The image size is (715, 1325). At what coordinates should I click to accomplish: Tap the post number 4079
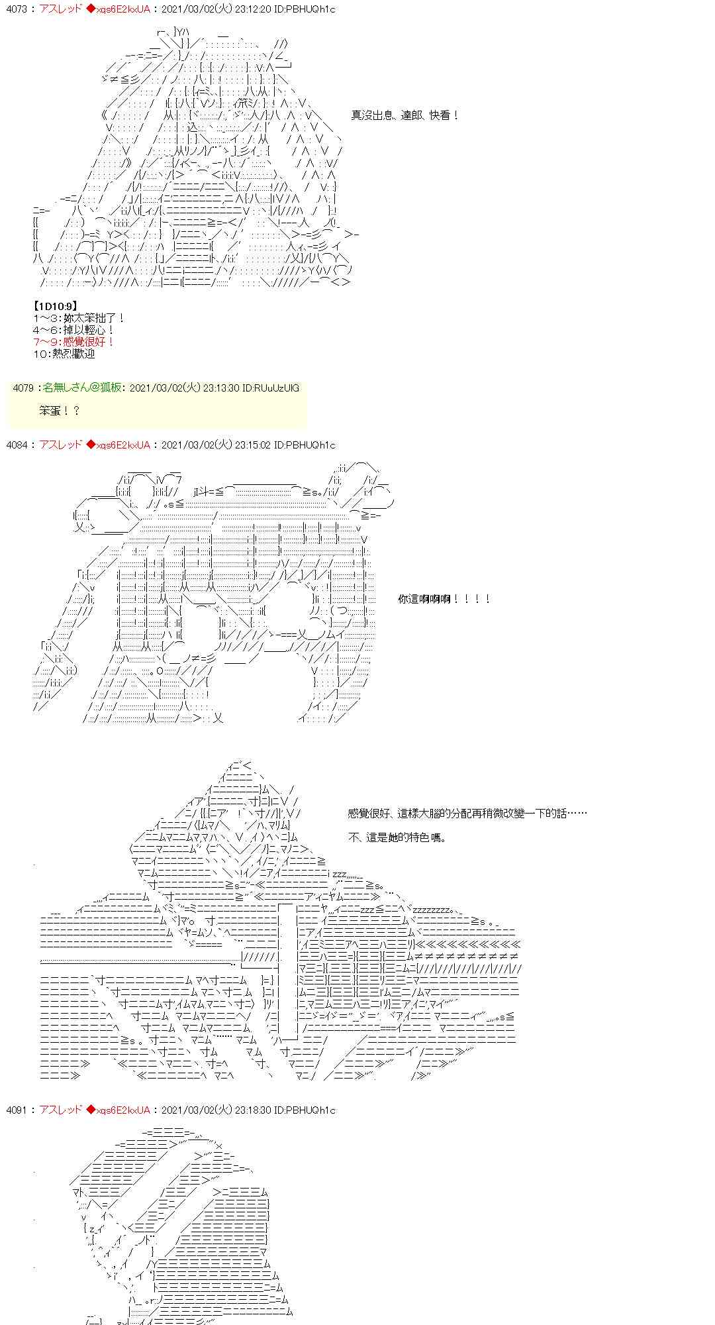point(23,388)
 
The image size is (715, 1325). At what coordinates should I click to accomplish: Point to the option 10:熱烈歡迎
point(64,354)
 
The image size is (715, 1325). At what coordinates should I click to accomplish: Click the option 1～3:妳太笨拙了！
point(79,318)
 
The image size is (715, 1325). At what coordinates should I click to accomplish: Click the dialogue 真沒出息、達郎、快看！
point(405,115)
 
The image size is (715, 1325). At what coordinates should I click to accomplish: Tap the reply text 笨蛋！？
point(59,411)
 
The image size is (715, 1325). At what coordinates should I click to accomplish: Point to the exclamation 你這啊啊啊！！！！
point(444,599)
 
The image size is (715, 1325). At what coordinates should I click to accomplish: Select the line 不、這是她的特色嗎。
point(398,837)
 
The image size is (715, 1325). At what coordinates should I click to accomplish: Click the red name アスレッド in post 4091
point(60,1110)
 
